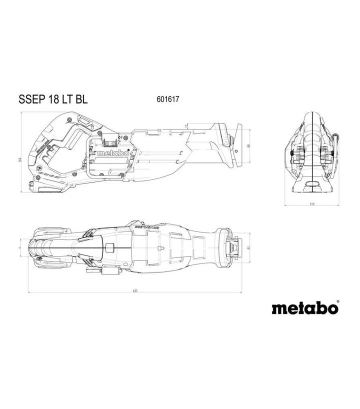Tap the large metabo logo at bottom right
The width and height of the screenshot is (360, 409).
coord(304,308)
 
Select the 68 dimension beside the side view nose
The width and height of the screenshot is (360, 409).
coord(248,146)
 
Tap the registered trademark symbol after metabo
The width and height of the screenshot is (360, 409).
coord(337,302)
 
